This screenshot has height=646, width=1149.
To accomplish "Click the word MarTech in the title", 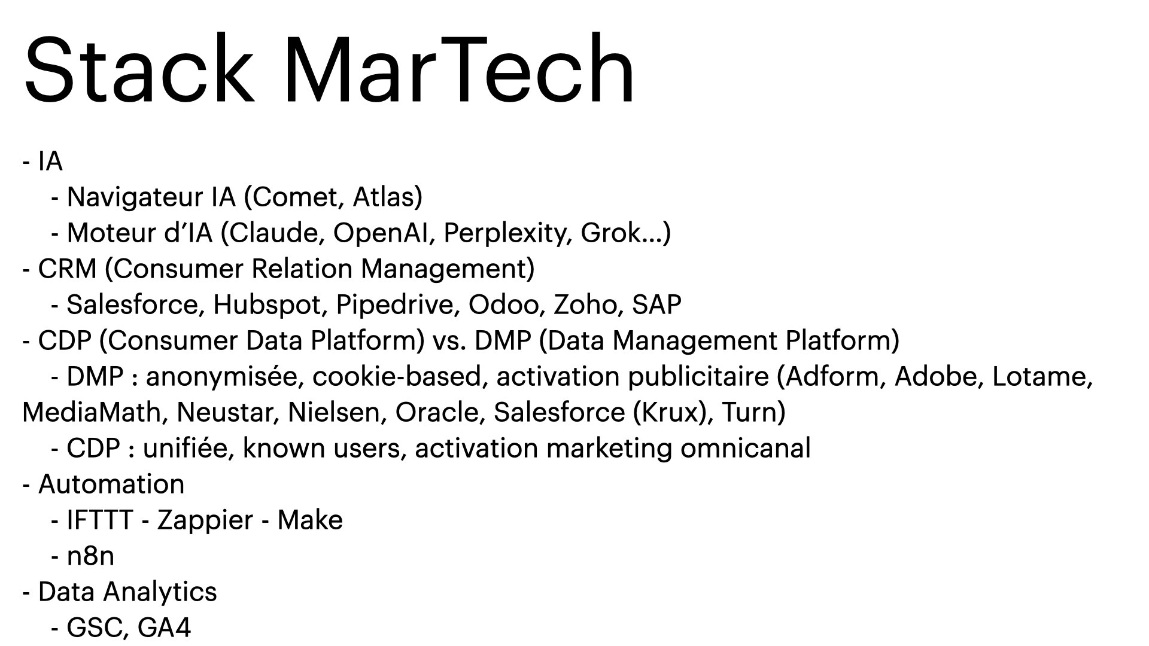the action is (x=459, y=70).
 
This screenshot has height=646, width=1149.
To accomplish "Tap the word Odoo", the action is (x=506, y=305).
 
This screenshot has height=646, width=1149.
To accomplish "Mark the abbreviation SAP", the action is (x=656, y=305).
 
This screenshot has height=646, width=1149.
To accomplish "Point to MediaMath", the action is (x=92, y=413).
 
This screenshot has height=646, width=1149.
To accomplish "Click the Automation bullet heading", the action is (x=111, y=484).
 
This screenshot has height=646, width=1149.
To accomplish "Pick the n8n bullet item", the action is (x=90, y=556).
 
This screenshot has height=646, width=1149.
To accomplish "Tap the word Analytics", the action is (x=159, y=592).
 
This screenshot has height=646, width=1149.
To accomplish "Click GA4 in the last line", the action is (x=164, y=628).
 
